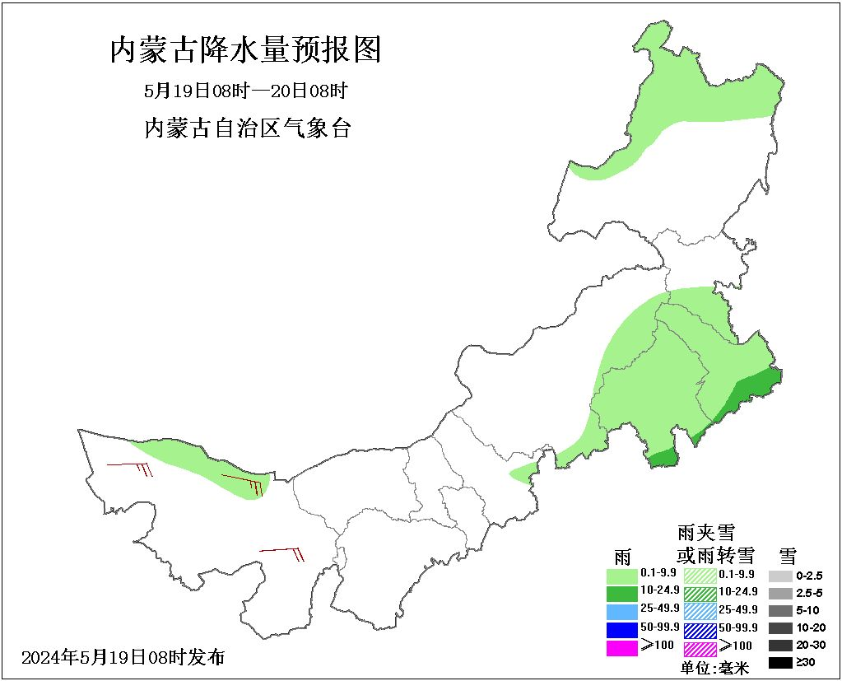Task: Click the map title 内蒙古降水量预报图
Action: [245, 50]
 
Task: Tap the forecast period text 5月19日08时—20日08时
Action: [245, 91]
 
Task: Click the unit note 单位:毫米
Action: [715, 669]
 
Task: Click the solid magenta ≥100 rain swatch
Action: [621, 648]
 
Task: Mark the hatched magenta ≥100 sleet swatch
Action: [700, 648]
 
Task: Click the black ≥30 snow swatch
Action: [780, 663]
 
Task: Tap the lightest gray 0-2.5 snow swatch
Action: [780, 576]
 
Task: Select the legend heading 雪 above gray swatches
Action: [788, 554]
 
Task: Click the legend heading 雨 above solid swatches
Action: [623, 554]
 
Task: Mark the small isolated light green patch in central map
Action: [523, 472]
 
